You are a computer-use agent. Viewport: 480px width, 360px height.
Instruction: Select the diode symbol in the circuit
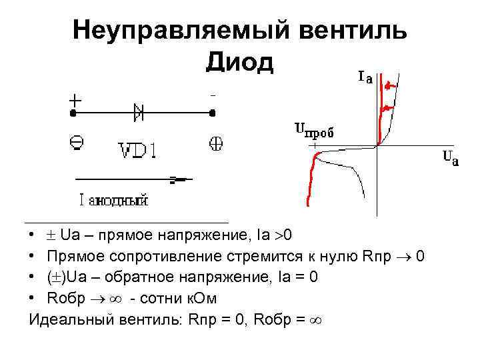(139, 112)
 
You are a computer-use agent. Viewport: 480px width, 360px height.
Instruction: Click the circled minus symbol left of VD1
(76, 141)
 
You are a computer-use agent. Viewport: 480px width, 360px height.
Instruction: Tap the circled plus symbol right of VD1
(216, 142)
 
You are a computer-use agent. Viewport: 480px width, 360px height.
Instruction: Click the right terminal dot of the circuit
(212, 113)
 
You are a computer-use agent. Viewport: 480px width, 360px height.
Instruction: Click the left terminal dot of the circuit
(71, 113)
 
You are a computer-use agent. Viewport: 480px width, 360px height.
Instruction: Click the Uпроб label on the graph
(314, 130)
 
